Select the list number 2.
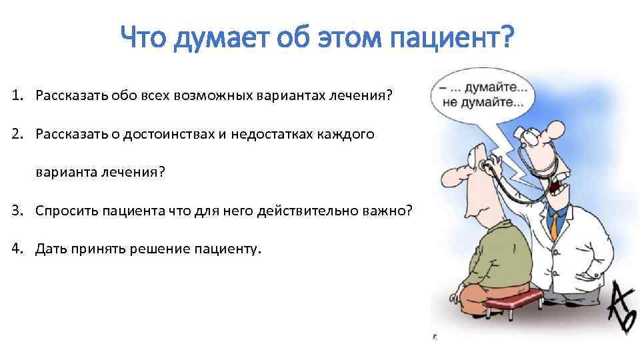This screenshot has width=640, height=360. pos(16,135)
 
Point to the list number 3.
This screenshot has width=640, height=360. pos(16,211)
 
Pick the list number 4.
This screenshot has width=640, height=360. pos(16,249)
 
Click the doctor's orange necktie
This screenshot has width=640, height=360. pos(553,224)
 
